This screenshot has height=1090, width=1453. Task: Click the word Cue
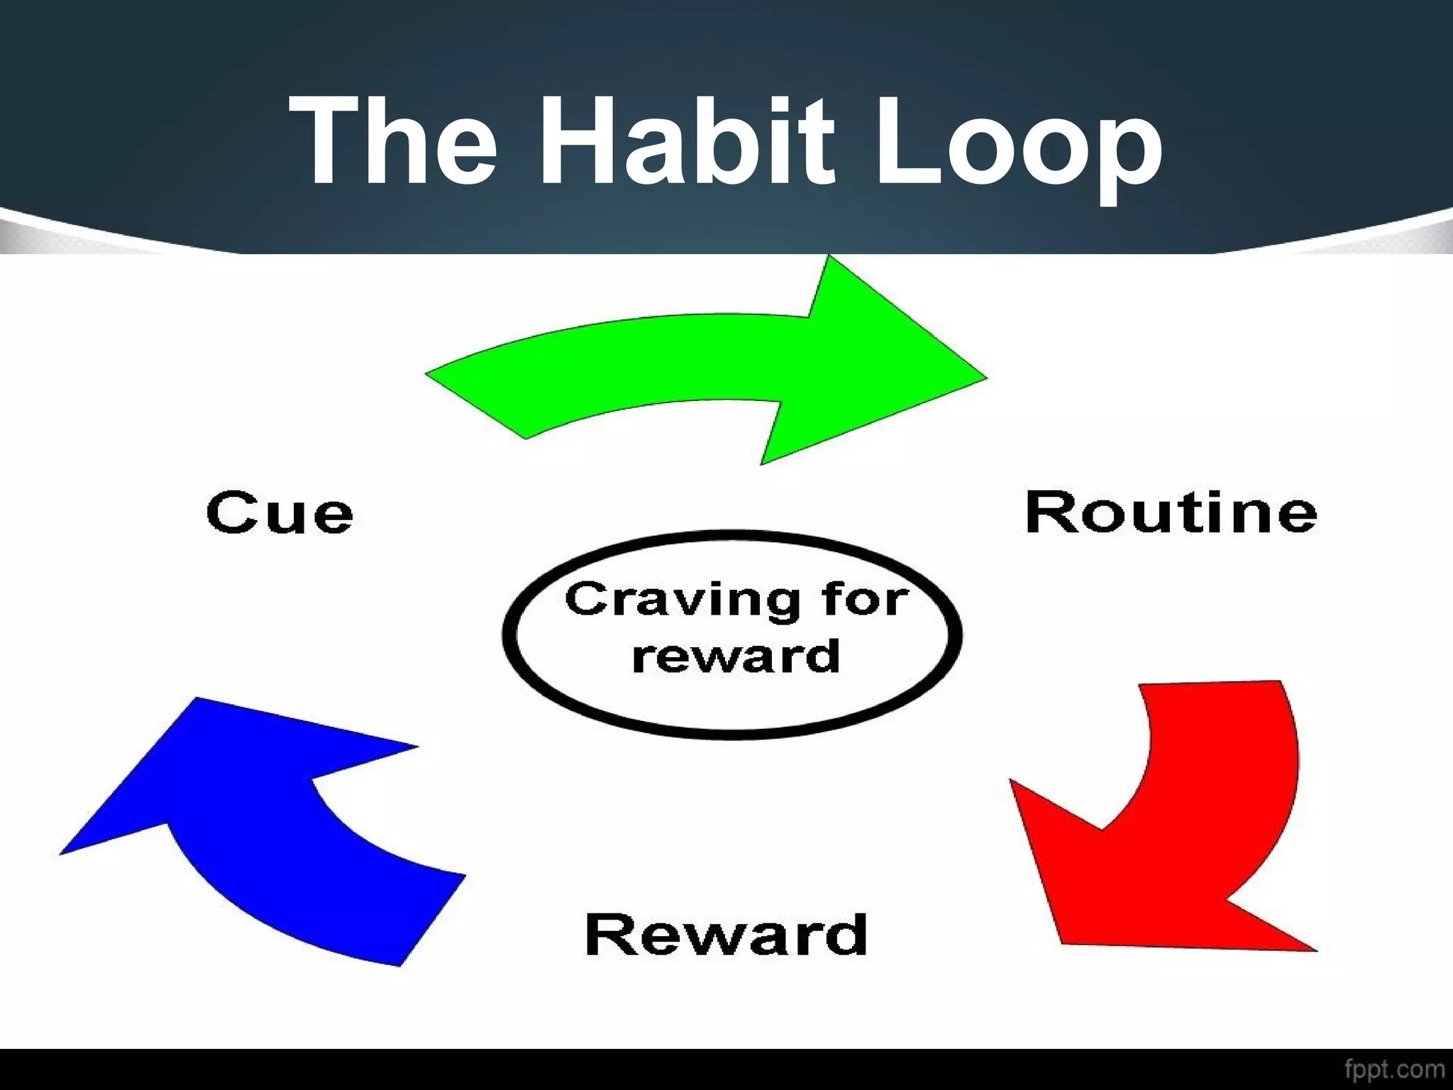tap(280, 512)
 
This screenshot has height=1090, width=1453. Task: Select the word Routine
tap(1171, 512)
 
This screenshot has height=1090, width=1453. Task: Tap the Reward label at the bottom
tap(726, 935)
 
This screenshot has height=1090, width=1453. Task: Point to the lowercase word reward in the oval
tap(736, 656)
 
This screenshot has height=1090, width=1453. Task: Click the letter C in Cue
tap(231, 512)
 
